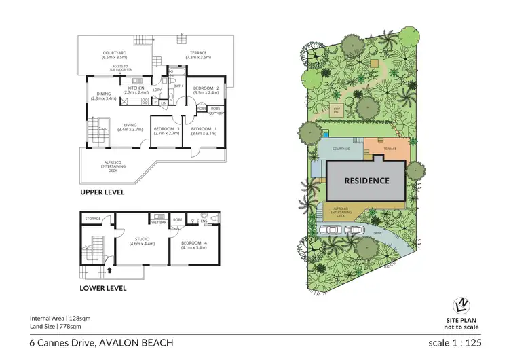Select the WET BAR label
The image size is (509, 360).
[x=159, y=221]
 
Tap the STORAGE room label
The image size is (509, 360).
[x=93, y=219]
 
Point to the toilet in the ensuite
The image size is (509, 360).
[x=214, y=219]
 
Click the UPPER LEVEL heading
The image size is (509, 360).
[x=102, y=192]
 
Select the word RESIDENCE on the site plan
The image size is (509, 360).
[x=366, y=181]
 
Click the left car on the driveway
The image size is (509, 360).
[x=332, y=229]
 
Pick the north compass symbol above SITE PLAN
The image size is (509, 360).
[x=461, y=306]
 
